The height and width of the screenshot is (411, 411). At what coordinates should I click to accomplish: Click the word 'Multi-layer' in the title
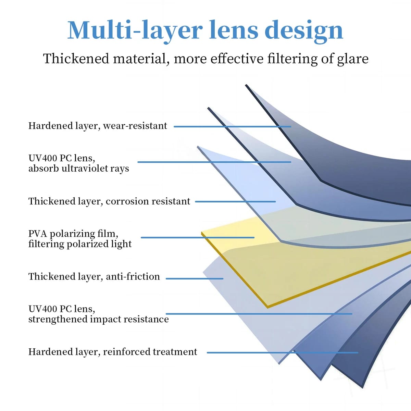click(x=135, y=30)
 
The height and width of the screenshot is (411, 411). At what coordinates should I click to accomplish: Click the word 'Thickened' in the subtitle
click(x=76, y=59)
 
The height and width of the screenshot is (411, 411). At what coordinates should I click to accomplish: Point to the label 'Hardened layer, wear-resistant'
click(x=98, y=126)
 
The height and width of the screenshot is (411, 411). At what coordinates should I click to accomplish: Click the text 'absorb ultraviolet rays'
click(x=79, y=169)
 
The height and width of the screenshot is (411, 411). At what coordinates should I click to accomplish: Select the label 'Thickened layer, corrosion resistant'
click(x=109, y=201)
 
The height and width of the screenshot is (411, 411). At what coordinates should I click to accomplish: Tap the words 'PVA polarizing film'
click(x=73, y=234)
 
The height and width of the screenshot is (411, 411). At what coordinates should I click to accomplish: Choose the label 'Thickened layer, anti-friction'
click(x=94, y=277)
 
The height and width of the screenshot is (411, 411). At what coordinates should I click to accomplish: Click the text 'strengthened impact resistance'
click(x=98, y=319)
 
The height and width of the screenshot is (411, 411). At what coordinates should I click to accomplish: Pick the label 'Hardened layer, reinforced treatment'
click(x=113, y=352)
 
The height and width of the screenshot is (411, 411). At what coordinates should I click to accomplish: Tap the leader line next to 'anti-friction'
click(x=194, y=278)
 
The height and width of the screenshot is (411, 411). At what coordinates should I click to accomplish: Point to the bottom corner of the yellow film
click(x=267, y=307)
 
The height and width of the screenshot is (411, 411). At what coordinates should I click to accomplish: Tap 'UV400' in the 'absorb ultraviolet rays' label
click(x=43, y=158)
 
